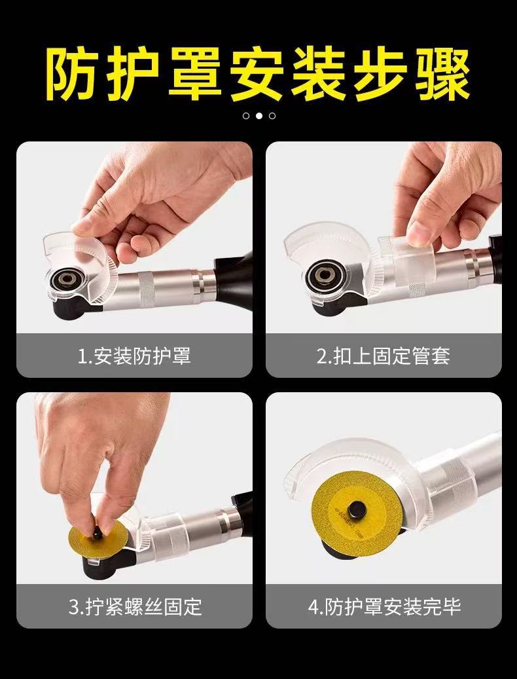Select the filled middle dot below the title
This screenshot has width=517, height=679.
(x=258, y=116)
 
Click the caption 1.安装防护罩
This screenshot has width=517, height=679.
(x=134, y=356)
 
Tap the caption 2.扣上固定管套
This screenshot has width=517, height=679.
(x=383, y=356)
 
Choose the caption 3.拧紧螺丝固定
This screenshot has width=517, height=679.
(x=134, y=606)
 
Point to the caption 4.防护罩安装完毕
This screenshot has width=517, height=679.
(x=383, y=606)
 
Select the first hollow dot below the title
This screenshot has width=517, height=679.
(x=245, y=116)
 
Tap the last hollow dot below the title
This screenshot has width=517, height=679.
(x=272, y=116)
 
